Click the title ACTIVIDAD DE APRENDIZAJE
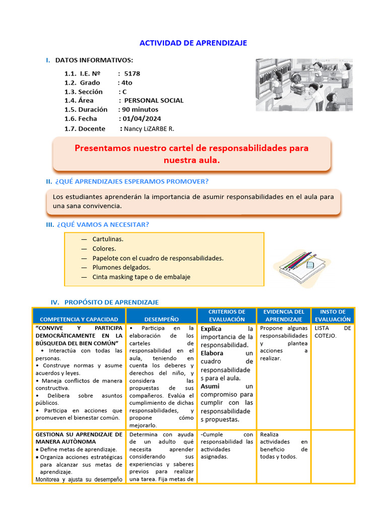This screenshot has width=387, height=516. click(193, 43)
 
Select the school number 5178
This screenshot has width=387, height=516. click(132, 74)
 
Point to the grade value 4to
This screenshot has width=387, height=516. click(126, 83)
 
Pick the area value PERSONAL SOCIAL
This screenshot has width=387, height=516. click(154, 101)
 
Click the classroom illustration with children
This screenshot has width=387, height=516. click(303, 84)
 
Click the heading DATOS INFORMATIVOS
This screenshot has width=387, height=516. click(94, 60)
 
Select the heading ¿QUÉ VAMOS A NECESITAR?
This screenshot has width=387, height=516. click(103, 225)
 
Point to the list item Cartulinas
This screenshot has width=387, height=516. click(108, 239)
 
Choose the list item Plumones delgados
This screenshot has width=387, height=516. click(121, 268)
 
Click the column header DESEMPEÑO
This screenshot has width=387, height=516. click(161, 319)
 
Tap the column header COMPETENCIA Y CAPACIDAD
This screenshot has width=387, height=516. click(79, 319)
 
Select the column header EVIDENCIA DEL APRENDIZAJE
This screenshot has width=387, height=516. click(284, 315)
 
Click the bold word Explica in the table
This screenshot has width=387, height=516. click(211, 329)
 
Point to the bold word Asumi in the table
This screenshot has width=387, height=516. click(210, 386)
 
